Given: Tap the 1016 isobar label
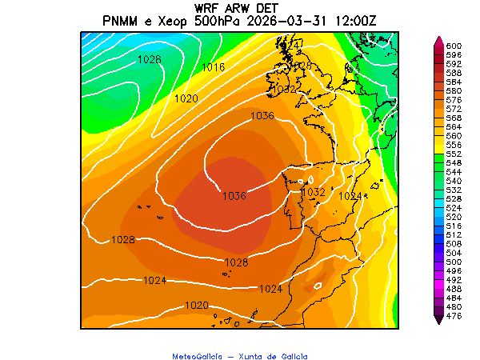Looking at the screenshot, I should pyautogui.click(x=213, y=67).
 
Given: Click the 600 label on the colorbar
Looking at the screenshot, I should pyautogui.click(x=454, y=46).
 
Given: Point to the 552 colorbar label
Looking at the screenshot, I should pyautogui.click(x=454, y=154).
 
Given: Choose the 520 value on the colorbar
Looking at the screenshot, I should pyautogui.click(x=454, y=217).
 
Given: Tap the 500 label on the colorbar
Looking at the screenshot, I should pyautogui.click(x=454, y=262).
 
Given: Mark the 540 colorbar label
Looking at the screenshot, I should pyautogui.click(x=454, y=181).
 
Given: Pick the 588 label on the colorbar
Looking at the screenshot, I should pyautogui.click(x=454, y=73).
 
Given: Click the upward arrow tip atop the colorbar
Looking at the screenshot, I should pyautogui.click(x=438, y=38).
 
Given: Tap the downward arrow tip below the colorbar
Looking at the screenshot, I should pyautogui.click(x=438, y=322).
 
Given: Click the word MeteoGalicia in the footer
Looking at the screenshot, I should pyautogui.click(x=198, y=356).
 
